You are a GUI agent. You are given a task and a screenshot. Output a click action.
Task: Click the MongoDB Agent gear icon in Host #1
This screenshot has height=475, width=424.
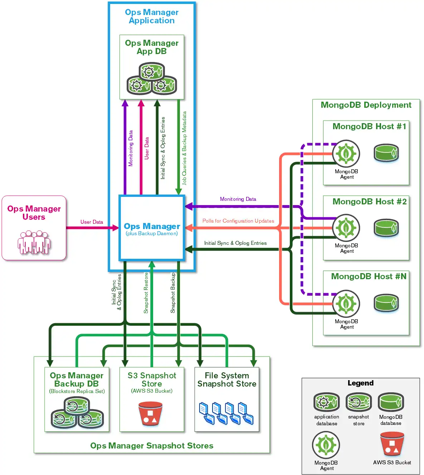pyautogui.click(x=346, y=154)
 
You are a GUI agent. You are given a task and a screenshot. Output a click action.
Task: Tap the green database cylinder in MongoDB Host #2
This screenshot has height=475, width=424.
pyautogui.click(x=386, y=228)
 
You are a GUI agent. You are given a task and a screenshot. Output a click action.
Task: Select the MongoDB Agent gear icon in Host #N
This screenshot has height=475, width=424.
pyautogui.click(x=346, y=304)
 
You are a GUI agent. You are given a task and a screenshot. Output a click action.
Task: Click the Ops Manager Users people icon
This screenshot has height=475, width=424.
pyautogui.click(x=34, y=242)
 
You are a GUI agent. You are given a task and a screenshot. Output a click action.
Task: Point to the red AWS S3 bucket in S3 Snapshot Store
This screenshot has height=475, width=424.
pyautogui.click(x=150, y=413)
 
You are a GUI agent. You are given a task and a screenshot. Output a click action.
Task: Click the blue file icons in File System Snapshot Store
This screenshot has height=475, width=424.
pyautogui.click(x=226, y=413)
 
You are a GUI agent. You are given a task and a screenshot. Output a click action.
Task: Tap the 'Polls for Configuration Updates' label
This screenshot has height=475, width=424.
pyautogui.click(x=238, y=221)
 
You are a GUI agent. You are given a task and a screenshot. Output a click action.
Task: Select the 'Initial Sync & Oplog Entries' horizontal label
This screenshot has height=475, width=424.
pyautogui.click(x=235, y=243)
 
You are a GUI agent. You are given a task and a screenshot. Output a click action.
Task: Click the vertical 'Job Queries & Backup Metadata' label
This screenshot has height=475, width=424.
pyautogui.click(x=184, y=148)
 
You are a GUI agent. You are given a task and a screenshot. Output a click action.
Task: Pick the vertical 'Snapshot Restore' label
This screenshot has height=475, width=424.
pyautogui.click(x=146, y=293)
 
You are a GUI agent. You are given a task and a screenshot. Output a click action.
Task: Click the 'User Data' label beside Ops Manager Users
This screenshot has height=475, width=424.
pyautogui.click(x=92, y=222)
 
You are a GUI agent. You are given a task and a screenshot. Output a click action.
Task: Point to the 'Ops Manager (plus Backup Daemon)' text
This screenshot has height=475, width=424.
pyautogui.click(x=152, y=229)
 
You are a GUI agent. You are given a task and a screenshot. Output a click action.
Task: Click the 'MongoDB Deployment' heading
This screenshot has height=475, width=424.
pyautogui.click(x=366, y=105)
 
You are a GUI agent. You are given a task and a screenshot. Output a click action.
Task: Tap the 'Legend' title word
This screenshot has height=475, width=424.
pyautogui.click(x=360, y=383)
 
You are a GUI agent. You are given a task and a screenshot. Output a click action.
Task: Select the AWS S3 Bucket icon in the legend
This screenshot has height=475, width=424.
pyautogui.click(x=392, y=444)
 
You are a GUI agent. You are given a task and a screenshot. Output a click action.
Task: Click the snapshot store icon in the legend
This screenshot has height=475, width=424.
pyautogui.click(x=359, y=402)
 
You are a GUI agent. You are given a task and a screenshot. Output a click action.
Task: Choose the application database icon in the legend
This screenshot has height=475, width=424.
pyautogui.click(x=326, y=402)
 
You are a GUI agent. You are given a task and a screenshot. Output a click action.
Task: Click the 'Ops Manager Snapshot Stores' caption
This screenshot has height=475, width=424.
pyautogui.click(x=152, y=446)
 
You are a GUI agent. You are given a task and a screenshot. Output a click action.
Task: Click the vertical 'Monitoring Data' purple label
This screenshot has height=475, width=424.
pyautogui.click(x=131, y=148)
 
